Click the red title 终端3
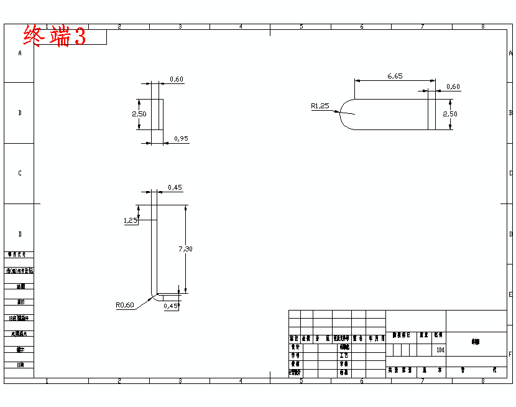(54, 36)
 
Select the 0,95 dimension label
(181, 138)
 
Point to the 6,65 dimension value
(395, 76)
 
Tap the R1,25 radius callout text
(320, 106)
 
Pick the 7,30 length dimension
(185, 249)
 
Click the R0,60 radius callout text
(124, 305)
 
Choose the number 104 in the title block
(440, 350)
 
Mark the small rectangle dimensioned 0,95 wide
(157, 115)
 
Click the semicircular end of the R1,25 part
(346, 115)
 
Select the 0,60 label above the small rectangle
(177, 80)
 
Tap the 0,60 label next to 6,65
(453, 87)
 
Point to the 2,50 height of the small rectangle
(139, 114)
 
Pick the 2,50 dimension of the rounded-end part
(449, 114)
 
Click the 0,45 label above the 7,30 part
(175, 187)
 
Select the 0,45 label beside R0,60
(171, 306)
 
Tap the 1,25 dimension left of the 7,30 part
(131, 220)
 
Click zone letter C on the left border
(20, 173)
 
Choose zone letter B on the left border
(20, 113)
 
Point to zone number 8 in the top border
(482, 27)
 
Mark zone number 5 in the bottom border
(301, 380)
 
